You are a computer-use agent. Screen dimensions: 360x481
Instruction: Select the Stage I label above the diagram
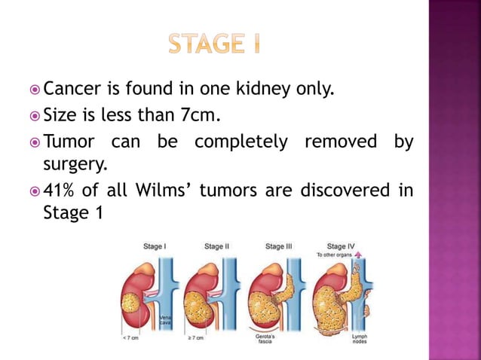coord(155,246)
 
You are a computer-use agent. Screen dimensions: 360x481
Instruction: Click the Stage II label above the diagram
coord(216,246)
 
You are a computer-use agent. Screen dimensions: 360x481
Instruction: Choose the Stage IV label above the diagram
coord(337,246)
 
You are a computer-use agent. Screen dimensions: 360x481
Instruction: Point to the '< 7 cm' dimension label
coord(130,338)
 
